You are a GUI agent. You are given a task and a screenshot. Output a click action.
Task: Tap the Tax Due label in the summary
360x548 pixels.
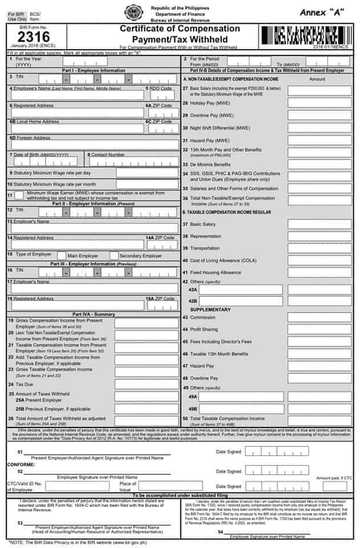28,383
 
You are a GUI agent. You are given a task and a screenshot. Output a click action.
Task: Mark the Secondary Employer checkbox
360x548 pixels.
116,255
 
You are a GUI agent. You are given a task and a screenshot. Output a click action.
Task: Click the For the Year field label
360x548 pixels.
31,59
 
